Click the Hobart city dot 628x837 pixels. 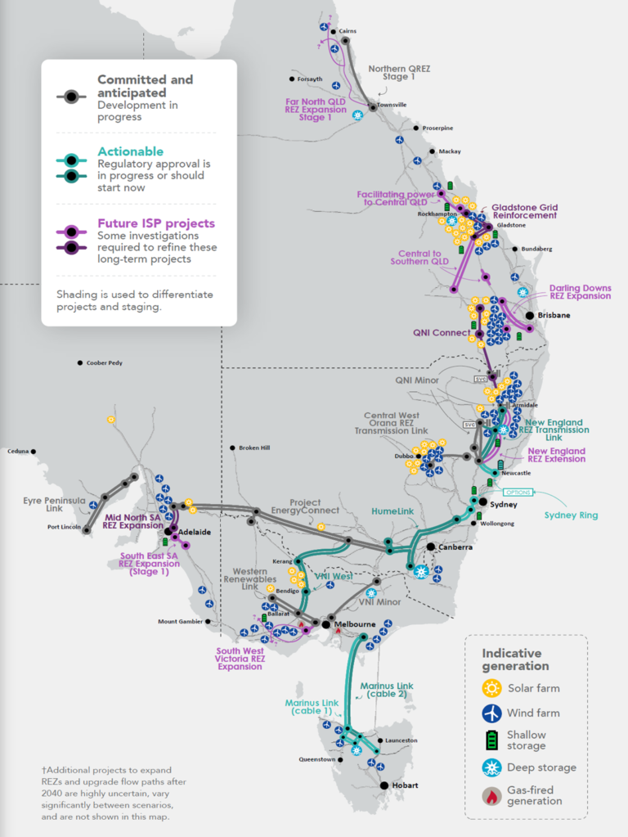(x=384, y=785)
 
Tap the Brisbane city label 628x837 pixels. (x=554, y=315)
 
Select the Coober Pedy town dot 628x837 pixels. (x=80, y=362)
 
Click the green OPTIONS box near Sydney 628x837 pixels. (x=518, y=493)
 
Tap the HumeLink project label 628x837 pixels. (x=393, y=511)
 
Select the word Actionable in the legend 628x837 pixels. (x=130, y=151)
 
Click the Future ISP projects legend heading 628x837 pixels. (x=156, y=223)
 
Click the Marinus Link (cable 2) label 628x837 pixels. (x=388, y=691)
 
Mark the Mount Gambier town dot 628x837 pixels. (x=208, y=621)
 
